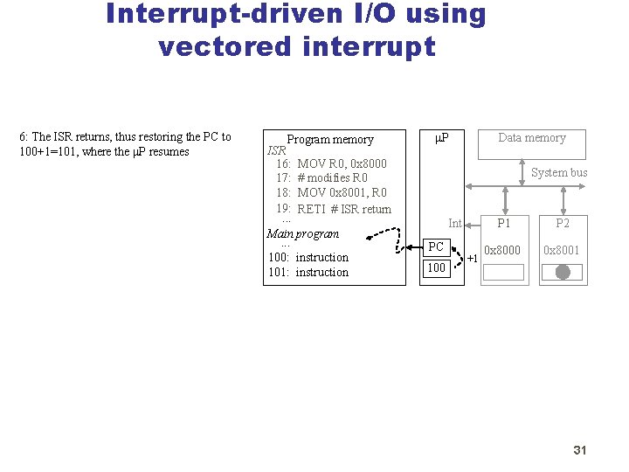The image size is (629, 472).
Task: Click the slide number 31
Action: pos(579,450)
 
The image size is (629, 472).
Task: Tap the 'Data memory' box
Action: pos(531,142)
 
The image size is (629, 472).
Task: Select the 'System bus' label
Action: pos(559,172)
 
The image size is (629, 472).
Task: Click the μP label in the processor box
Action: pos(442,138)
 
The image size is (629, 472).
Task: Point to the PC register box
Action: pos(436,247)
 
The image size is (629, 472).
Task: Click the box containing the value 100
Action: pos(436,267)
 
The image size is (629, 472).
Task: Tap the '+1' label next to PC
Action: pos(472,259)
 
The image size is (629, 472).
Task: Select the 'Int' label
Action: pos(454,224)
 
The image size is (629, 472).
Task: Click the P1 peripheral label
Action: pos(504,224)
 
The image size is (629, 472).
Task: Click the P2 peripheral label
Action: pos(563,224)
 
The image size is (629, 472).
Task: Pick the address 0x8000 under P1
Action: pos(503,250)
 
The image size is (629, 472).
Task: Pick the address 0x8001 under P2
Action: pos(563,250)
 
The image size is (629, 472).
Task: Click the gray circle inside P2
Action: pos(563,272)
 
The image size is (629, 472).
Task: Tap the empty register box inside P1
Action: pos(503,272)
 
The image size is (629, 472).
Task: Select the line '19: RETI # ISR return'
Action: pos(334,209)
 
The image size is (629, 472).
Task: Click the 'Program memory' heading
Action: pos(330,139)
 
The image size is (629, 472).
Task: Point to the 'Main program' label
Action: pos(302,233)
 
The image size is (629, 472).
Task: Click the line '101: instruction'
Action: pos(308,272)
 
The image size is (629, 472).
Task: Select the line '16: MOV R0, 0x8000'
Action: pos(331,163)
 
